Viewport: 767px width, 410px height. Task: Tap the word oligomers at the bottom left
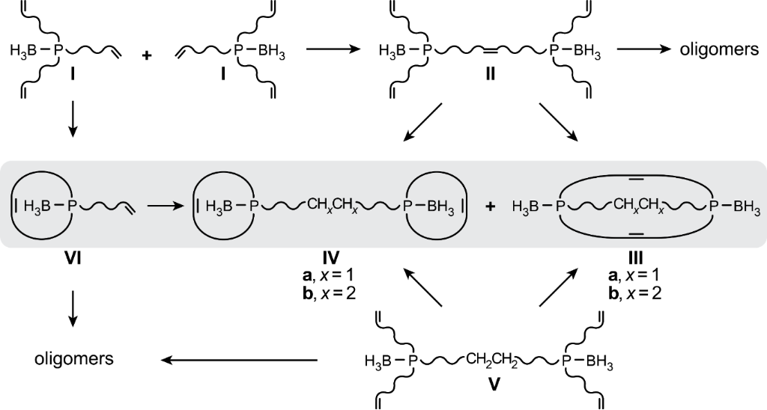tap(74, 360)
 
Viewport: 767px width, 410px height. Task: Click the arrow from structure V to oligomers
tap(240, 361)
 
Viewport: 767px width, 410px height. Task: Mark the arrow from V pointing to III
tap(558, 289)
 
